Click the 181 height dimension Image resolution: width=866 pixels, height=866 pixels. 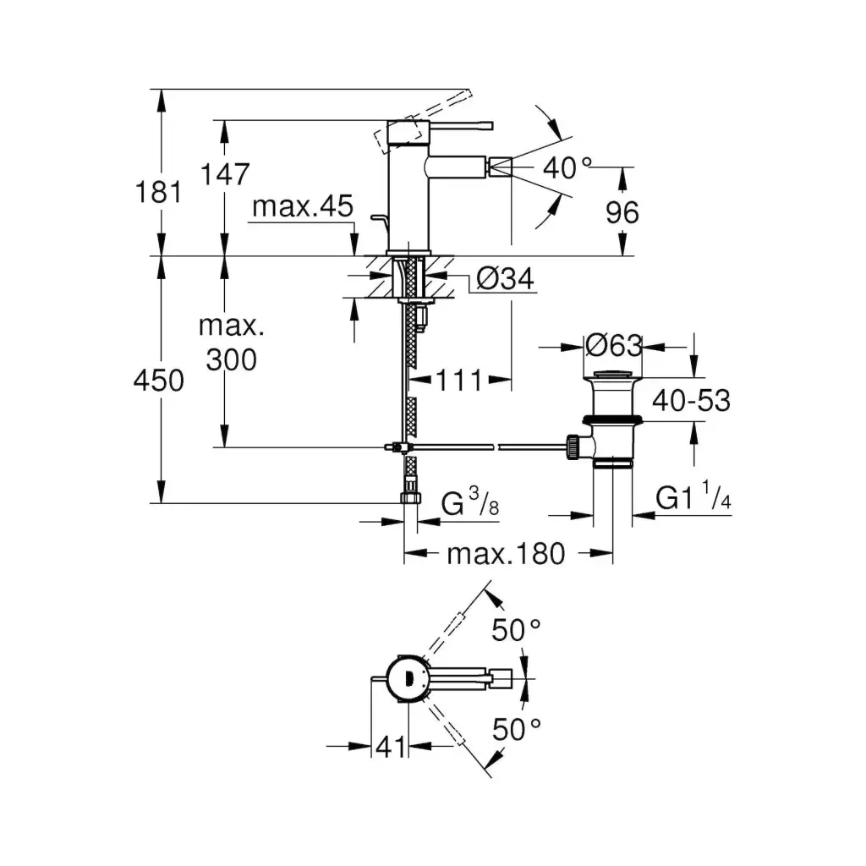tap(159, 192)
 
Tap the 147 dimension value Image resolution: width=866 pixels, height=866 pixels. tap(226, 174)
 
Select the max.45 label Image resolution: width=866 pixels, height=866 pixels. tap(302, 207)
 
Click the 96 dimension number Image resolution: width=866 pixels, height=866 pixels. tap(623, 212)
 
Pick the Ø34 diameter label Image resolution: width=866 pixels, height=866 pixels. tap(506, 278)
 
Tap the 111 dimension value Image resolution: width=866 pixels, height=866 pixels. tap(459, 381)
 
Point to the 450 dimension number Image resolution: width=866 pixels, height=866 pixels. tap(159, 381)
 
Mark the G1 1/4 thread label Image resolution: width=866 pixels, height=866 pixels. tap(693, 499)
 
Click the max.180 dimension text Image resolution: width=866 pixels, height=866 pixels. tap(505, 554)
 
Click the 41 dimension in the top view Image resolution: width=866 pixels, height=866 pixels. tap(390, 746)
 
